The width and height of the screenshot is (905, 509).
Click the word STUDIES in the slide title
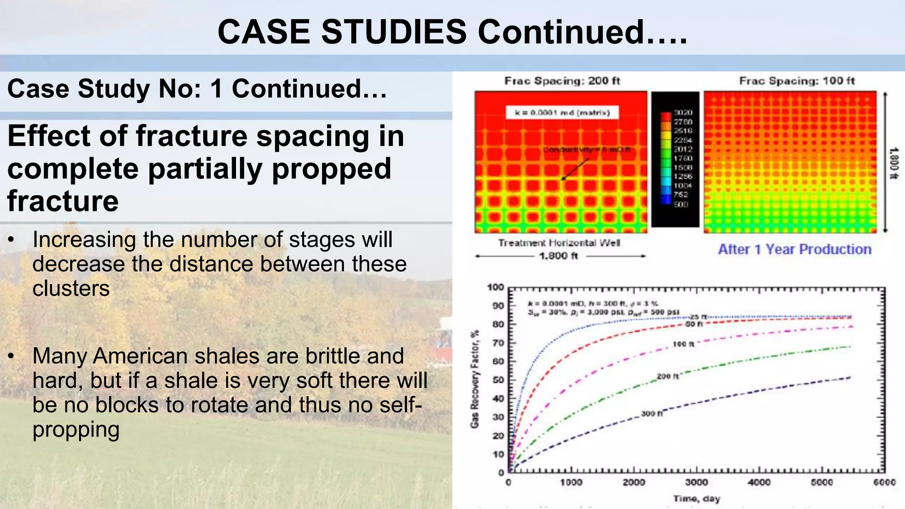394,32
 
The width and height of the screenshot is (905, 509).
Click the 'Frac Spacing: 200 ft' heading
562,81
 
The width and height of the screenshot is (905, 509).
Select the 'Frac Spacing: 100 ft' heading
797,81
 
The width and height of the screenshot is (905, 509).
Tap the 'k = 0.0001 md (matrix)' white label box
562,113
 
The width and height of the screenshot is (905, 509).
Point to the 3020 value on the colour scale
683,113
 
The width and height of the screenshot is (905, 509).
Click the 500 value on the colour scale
681,204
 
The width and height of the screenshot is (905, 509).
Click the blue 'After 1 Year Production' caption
795,249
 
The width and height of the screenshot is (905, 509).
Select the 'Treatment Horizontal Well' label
559,243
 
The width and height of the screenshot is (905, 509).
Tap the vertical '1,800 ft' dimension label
893,163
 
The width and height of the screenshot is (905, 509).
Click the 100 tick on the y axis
495,287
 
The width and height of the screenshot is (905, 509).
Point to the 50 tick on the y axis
498,380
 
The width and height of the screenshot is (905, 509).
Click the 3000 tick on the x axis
696,482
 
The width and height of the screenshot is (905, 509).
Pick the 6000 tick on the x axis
884,482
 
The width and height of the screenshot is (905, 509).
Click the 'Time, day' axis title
696,499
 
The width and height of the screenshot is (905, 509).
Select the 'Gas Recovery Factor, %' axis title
475,379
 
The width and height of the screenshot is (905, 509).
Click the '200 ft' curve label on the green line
668,376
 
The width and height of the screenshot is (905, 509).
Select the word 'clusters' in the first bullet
71,289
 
